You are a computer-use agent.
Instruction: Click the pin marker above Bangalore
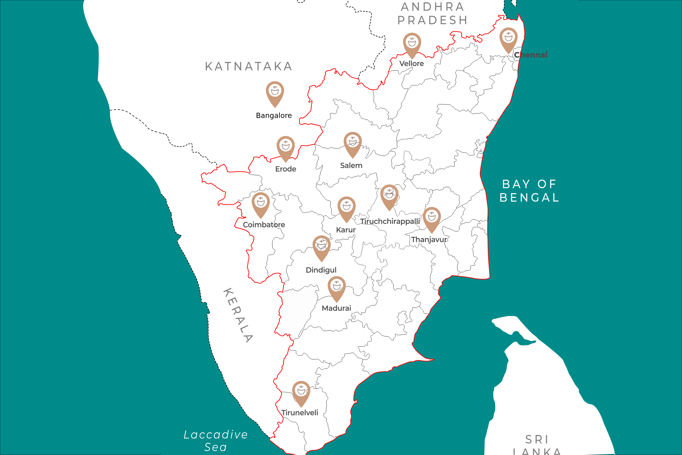[275, 93]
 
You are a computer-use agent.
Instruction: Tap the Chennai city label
[531, 55]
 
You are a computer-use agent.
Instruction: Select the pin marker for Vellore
[412, 44]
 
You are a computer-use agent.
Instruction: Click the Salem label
[351, 166]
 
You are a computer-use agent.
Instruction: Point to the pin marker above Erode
[285, 147]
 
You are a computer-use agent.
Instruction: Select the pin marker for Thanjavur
[431, 218]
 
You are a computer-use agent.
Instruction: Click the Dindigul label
[321, 270]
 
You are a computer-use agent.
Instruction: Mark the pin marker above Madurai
[336, 288]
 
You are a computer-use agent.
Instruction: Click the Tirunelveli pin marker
[301, 392]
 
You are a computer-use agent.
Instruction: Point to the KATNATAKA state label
[248, 66]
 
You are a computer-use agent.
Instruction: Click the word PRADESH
[432, 20]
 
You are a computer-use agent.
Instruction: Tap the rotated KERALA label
[238, 315]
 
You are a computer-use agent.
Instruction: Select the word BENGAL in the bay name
[529, 198]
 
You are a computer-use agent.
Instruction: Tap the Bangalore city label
[274, 116]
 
